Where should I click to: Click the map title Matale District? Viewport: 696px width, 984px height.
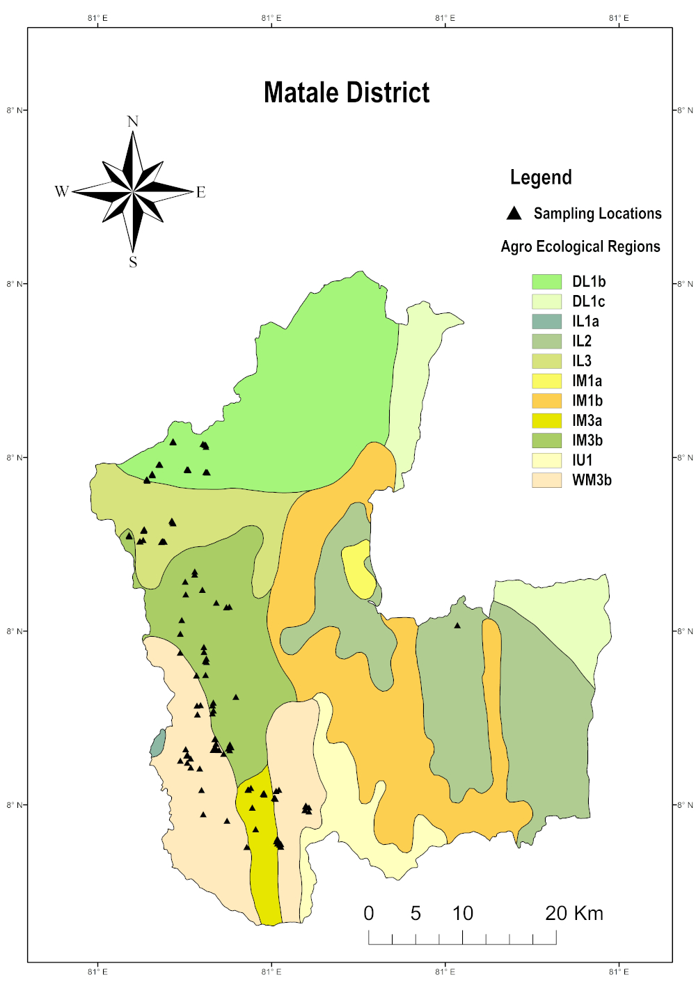(x=347, y=93)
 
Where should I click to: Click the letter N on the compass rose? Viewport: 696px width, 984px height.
(x=133, y=122)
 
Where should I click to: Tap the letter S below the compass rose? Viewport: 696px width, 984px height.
(x=133, y=262)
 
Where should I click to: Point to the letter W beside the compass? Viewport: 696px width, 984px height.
(x=62, y=191)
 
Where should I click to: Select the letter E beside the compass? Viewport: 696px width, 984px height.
(x=200, y=192)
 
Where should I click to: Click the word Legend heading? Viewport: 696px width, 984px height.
(x=541, y=177)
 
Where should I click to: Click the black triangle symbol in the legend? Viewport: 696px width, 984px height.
(x=514, y=213)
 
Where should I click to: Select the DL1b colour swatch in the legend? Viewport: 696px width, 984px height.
(x=546, y=282)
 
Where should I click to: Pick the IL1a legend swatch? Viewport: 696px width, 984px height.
(x=546, y=322)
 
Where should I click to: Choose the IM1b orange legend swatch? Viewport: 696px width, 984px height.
(x=546, y=401)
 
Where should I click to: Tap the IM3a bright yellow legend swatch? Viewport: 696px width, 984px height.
(x=546, y=420)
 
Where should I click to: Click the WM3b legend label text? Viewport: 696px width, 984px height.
(x=592, y=480)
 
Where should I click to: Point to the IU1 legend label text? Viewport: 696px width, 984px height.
(x=582, y=460)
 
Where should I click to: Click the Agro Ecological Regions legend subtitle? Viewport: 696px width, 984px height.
(x=580, y=246)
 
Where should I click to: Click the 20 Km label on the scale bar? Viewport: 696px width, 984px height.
(x=574, y=913)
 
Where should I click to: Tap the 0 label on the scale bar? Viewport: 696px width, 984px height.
(x=369, y=913)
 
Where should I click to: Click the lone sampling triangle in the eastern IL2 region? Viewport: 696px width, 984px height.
(x=457, y=626)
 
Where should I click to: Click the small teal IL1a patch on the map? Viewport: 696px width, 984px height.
(x=158, y=744)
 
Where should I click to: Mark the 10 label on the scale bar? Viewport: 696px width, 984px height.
(x=463, y=913)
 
